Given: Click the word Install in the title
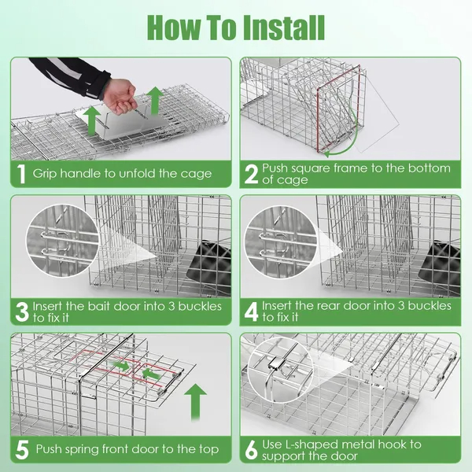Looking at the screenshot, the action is pyautogui.click(x=284, y=28).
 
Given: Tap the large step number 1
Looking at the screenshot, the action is pyautogui.click(x=21, y=173).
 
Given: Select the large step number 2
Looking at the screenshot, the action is pyautogui.click(x=251, y=174).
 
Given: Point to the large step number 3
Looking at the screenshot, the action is pyautogui.click(x=22, y=312).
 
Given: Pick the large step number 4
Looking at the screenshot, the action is pyautogui.click(x=252, y=312).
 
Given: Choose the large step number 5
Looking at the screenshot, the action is pyautogui.click(x=22, y=450).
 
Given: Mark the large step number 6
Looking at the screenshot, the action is pyautogui.click(x=252, y=450).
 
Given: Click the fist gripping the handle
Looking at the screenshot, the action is pyautogui.click(x=120, y=96).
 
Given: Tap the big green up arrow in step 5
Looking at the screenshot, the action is pyautogui.click(x=195, y=402).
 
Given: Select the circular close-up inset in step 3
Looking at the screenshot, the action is pyautogui.click(x=62, y=241).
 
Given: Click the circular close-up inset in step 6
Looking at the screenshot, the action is pyautogui.click(x=281, y=370).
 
